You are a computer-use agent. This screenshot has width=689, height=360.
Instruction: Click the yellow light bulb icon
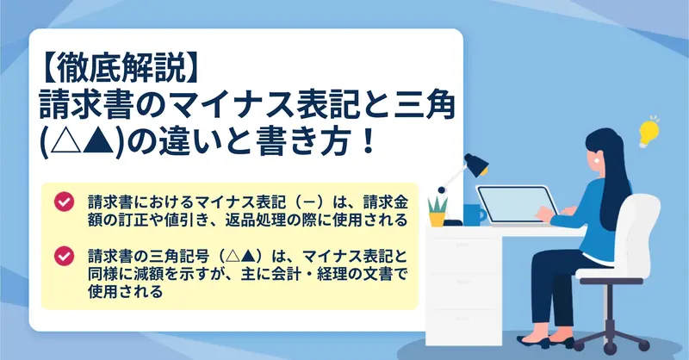[x=649, y=132]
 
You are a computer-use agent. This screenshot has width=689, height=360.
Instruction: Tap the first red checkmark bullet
[x=64, y=202]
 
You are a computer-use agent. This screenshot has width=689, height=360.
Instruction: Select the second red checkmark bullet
[x=64, y=256]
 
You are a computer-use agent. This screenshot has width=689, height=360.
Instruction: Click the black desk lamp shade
[x=477, y=164]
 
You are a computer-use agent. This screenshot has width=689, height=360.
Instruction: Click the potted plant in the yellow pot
[x=438, y=211]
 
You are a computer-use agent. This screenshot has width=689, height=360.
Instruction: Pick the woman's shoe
[x=533, y=342]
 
